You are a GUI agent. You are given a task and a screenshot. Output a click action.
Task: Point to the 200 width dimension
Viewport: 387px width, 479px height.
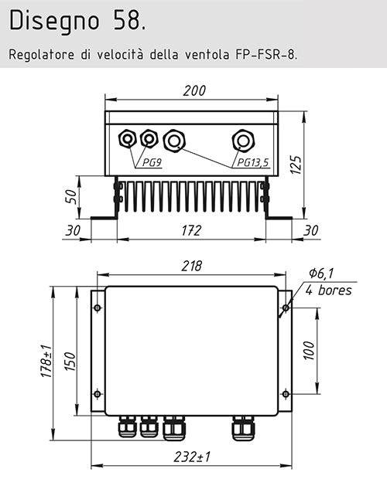click(194, 90)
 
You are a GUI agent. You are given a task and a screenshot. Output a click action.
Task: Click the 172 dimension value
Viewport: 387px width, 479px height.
click(191, 230)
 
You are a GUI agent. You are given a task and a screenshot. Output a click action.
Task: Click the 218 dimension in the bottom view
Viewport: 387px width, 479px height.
click(191, 266)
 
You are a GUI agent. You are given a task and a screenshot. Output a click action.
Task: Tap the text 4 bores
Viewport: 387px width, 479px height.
click(328, 290)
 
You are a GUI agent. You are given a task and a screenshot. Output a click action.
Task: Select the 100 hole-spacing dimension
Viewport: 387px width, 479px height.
click(307, 351)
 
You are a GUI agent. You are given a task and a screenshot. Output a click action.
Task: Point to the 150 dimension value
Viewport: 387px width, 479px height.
click(70, 360)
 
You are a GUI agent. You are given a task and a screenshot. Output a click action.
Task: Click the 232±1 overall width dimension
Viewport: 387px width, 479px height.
click(191, 457)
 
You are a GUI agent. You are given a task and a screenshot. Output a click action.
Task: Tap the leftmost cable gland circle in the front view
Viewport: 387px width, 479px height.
click(127, 139)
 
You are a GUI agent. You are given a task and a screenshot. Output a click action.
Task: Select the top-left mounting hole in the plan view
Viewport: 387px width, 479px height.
click(98, 308)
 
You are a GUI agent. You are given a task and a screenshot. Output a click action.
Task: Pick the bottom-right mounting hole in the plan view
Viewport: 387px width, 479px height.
click(285, 394)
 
